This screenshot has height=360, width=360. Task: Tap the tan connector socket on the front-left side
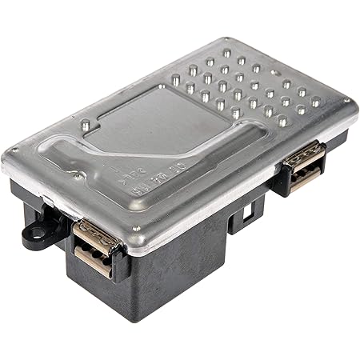(94, 246)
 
